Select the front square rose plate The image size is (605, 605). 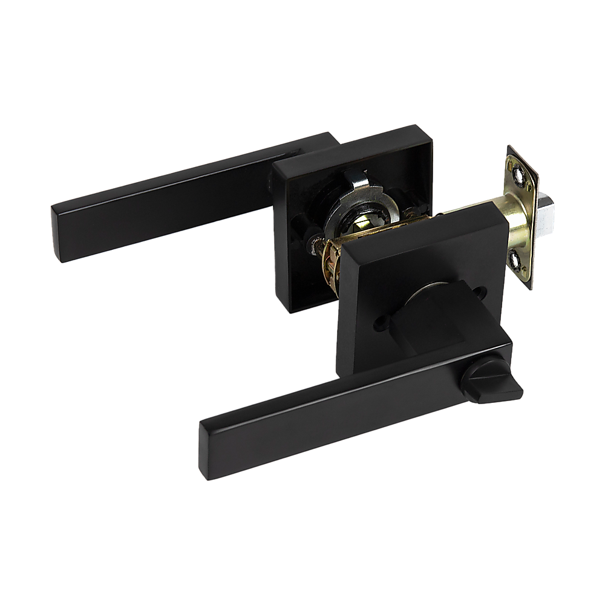417,284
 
